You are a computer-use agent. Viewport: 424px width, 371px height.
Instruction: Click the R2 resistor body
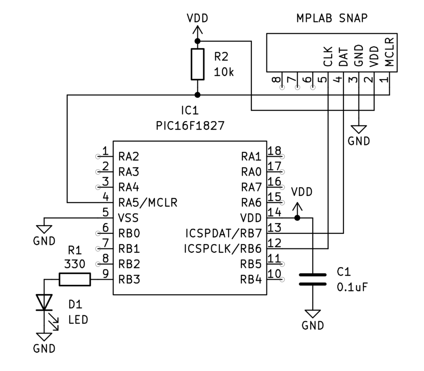click(198, 64)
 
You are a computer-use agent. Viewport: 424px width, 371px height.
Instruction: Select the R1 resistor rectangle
click(75, 279)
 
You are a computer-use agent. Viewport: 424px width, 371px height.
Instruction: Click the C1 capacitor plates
click(313, 279)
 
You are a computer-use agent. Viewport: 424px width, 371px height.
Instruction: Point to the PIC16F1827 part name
click(190, 126)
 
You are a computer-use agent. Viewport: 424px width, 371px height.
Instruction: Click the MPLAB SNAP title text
click(332, 18)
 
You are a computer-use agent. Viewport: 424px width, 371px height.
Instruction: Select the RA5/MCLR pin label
click(148, 203)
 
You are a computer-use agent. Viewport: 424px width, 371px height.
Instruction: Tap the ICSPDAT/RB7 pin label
click(223, 233)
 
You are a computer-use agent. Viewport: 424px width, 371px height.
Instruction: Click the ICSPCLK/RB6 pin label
click(223, 249)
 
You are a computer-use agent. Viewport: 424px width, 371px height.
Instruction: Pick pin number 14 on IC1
click(274, 212)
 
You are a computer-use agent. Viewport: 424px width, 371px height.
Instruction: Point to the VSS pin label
click(128, 218)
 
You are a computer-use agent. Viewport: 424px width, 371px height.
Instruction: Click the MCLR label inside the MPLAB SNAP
click(389, 52)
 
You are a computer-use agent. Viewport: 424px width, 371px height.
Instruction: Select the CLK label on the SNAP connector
click(328, 56)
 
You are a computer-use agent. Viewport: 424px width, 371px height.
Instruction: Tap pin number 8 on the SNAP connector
click(276, 79)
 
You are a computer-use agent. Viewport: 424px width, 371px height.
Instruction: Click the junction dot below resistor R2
click(198, 95)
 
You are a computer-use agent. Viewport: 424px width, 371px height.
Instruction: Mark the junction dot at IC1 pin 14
click(297, 218)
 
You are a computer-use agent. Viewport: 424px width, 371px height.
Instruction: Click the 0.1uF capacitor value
click(352, 287)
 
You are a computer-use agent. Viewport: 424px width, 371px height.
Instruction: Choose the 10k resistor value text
click(224, 72)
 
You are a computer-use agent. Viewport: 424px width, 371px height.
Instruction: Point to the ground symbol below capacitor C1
click(313, 314)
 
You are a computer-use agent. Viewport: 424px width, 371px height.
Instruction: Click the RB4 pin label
click(251, 279)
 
